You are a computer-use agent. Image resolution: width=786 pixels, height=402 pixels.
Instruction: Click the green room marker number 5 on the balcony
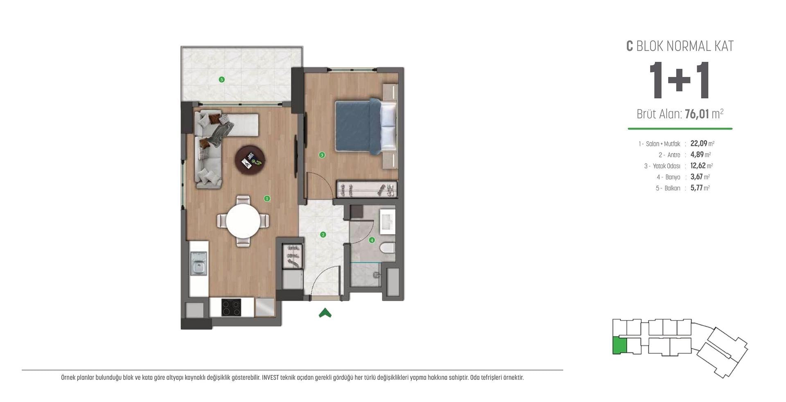pos(222,79)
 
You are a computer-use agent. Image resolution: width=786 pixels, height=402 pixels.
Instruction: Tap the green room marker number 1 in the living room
pos(267,199)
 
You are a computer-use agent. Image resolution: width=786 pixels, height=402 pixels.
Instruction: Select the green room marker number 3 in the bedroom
pos(322,155)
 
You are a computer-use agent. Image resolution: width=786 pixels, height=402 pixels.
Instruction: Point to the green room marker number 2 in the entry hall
pos(323,235)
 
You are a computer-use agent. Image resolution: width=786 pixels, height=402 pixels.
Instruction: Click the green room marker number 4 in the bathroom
pos(372,240)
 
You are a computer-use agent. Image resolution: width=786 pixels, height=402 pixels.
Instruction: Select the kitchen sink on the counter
pos(199,263)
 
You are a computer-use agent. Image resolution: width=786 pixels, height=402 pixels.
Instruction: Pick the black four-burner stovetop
pos(231,307)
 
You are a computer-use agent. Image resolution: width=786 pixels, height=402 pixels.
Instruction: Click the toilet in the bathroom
pos(387,248)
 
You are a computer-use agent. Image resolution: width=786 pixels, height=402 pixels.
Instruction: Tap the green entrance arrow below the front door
pos(325,313)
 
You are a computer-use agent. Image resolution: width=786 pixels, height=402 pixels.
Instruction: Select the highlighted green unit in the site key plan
pos(619,346)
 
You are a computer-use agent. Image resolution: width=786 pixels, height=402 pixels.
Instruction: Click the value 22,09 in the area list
pos(699,143)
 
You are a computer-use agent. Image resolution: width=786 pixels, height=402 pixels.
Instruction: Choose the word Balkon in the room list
pos(672,188)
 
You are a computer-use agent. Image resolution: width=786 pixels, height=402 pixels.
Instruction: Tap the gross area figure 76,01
pos(697,114)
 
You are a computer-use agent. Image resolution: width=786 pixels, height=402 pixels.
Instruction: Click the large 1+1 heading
pos(680,80)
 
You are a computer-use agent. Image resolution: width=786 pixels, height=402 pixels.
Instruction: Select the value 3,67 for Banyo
pos(696,177)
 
